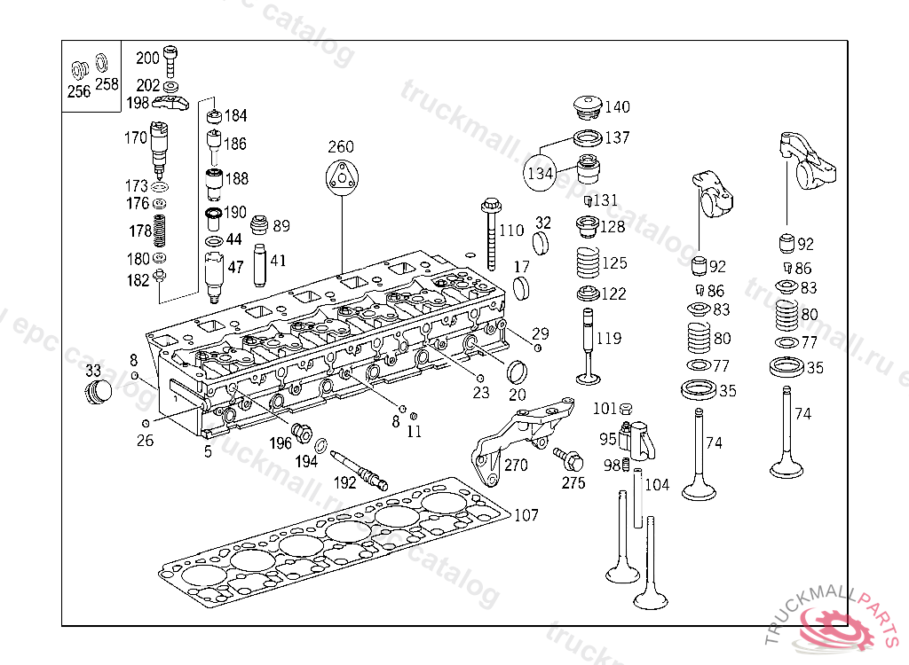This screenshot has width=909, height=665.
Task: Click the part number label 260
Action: pyautogui.click(x=341, y=147)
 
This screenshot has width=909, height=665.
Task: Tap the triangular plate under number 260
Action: pyautogui.click(x=341, y=177)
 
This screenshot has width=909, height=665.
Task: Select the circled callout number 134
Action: pyautogui.click(x=540, y=174)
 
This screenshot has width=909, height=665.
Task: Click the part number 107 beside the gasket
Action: pyautogui.click(x=526, y=514)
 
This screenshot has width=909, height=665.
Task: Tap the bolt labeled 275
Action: pyautogui.click(x=567, y=460)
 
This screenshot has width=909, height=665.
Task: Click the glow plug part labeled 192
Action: pyautogui.click(x=360, y=468)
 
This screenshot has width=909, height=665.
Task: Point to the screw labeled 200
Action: pyautogui.click(x=171, y=60)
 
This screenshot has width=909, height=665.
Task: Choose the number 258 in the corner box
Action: pyautogui.click(x=106, y=84)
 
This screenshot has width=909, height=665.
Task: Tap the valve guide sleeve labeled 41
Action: pyautogui.click(x=261, y=263)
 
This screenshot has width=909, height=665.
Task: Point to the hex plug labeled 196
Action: pyautogui.click(x=302, y=435)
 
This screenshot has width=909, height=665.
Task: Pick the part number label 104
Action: pyautogui.click(x=657, y=484)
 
